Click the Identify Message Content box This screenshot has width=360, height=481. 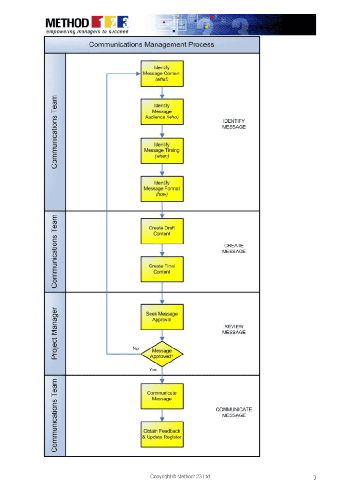point(162,74)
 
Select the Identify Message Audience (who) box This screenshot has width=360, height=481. point(162,111)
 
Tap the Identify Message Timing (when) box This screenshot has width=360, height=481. point(162,150)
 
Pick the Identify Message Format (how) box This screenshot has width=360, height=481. point(162,188)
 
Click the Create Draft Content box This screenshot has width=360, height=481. point(162,231)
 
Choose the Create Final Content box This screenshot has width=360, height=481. point(162,269)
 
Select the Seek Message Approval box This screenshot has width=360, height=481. point(162,317)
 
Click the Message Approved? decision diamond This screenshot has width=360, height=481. point(162,354)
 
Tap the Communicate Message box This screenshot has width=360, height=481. point(162,396)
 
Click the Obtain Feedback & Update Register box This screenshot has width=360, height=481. point(162,434)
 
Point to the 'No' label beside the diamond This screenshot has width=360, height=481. point(135,348)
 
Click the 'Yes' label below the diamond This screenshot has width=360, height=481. point(153,370)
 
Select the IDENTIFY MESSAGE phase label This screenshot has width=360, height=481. point(233,124)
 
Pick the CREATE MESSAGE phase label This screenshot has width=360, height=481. point(233,248)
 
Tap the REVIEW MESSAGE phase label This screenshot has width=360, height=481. point(233,329)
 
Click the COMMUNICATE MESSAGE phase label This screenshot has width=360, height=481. point(233,412)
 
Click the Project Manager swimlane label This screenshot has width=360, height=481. point(54,333)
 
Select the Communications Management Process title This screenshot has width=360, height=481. point(151,45)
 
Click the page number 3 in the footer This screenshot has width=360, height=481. point(315,477)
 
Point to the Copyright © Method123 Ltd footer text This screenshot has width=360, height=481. point(180,476)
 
